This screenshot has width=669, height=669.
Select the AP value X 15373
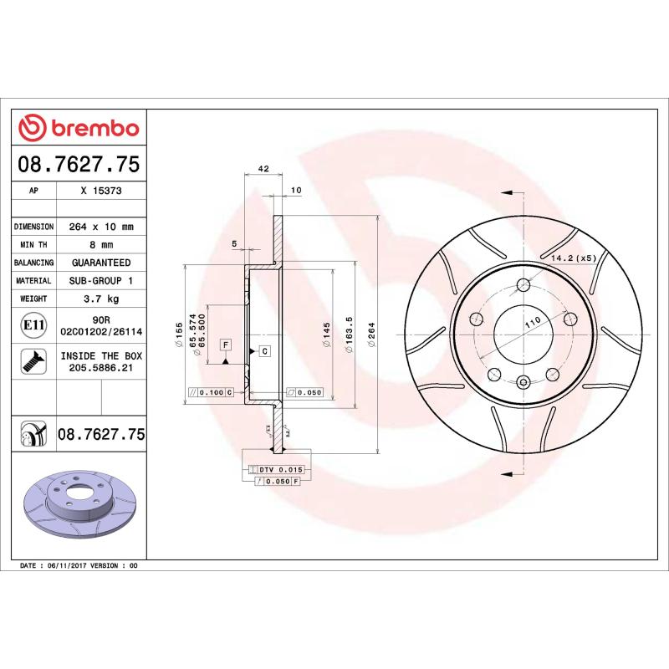(x=101, y=190)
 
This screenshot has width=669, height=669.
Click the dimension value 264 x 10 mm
(x=101, y=227)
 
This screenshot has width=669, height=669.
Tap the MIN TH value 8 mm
(x=101, y=245)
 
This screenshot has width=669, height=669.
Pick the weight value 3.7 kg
(x=101, y=299)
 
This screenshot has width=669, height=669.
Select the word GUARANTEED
(x=101, y=263)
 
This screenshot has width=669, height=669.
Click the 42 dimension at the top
(x=263, y=169)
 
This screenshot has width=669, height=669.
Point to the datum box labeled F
(x=226, y=345)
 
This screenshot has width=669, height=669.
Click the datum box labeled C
(x=264, y=350)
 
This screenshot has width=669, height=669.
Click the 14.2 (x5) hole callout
(x=573, y=258)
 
